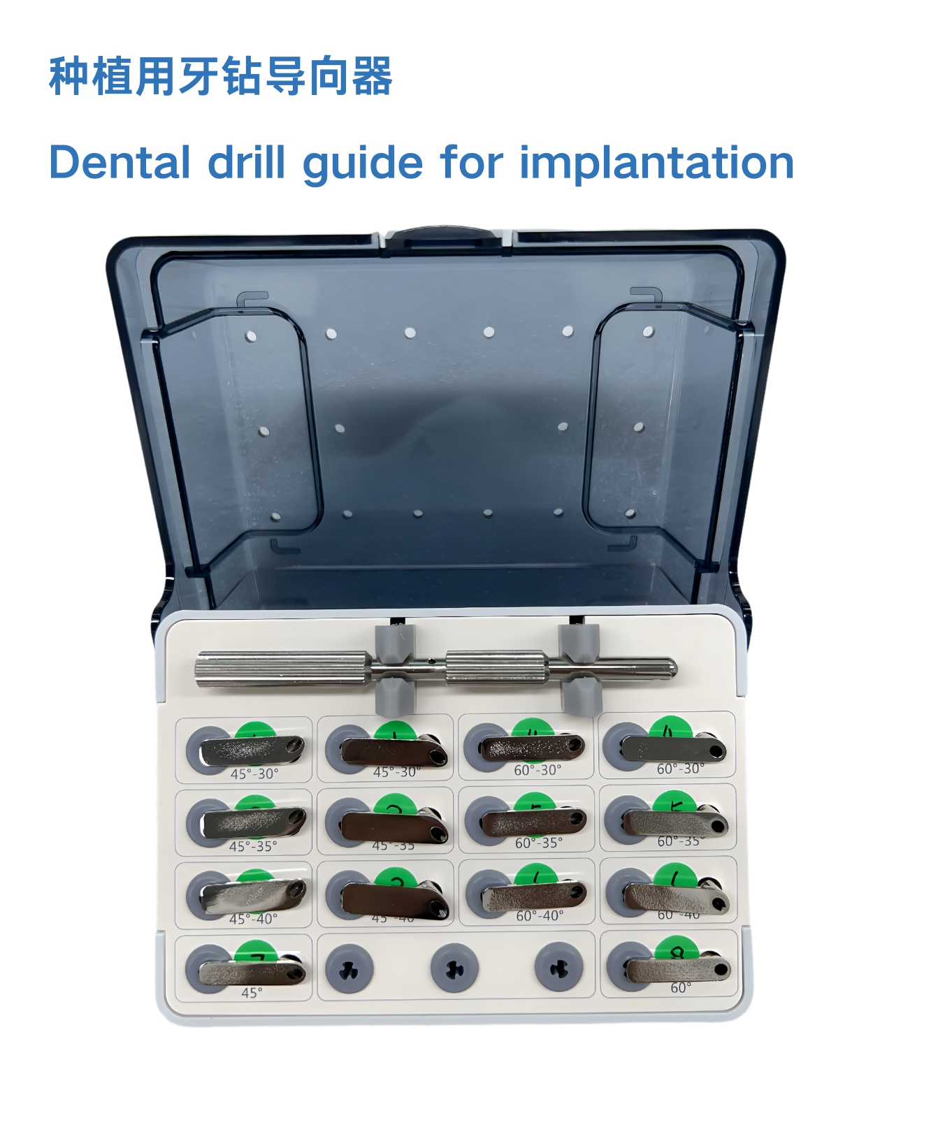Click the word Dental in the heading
120,163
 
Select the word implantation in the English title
656,163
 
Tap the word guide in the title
363,163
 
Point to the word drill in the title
247,163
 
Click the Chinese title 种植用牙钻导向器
221,77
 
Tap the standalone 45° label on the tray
252,993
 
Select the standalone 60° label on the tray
681,988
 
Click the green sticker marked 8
677,950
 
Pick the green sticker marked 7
256,952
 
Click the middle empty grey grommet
454,968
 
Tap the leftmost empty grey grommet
350,968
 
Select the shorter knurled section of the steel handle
496,668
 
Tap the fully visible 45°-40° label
253,919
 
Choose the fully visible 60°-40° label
540,915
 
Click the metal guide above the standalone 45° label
252,971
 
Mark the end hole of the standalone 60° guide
721,969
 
